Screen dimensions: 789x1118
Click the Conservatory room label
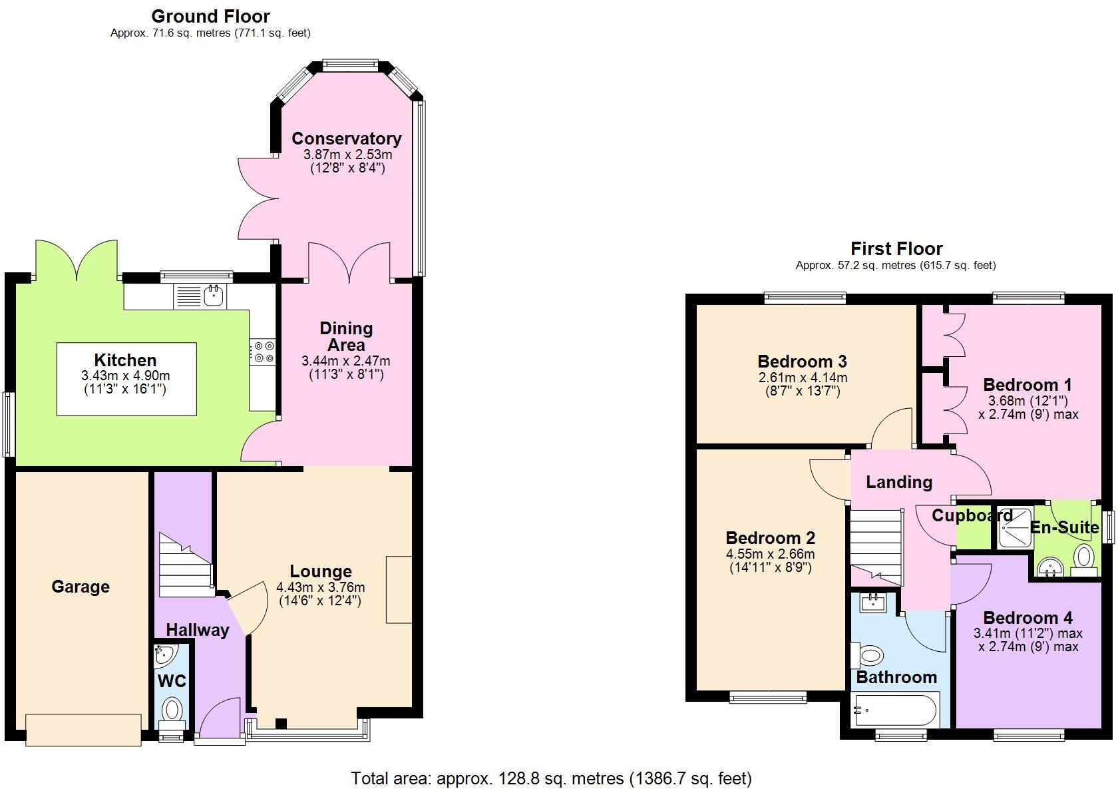(x=346, y=138)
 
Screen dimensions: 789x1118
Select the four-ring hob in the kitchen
(x=262, y=352)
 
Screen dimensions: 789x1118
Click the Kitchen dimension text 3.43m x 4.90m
(x=125, y=376)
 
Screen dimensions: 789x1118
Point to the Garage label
(x=81, y=587)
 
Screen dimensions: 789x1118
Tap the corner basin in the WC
(x=162, y=655)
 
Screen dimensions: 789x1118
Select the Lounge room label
(x=321, y=571)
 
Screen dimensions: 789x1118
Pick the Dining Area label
(x=346, y=336)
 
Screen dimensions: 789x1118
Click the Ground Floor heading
(x=210, y=16)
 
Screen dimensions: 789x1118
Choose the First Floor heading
(x=896, y=249)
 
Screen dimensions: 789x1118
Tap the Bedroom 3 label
(x=802, y=362)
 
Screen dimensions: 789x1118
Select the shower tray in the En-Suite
(x=1014, y=528)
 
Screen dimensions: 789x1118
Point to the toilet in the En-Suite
(x=1085, y=558)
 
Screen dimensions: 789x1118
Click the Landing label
(x=898, y=482)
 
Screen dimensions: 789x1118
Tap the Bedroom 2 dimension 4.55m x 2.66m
(x=770, y=554)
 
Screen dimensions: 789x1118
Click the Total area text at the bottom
(x=551, y=778)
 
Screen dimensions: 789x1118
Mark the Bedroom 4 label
(x=1027, y=617)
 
